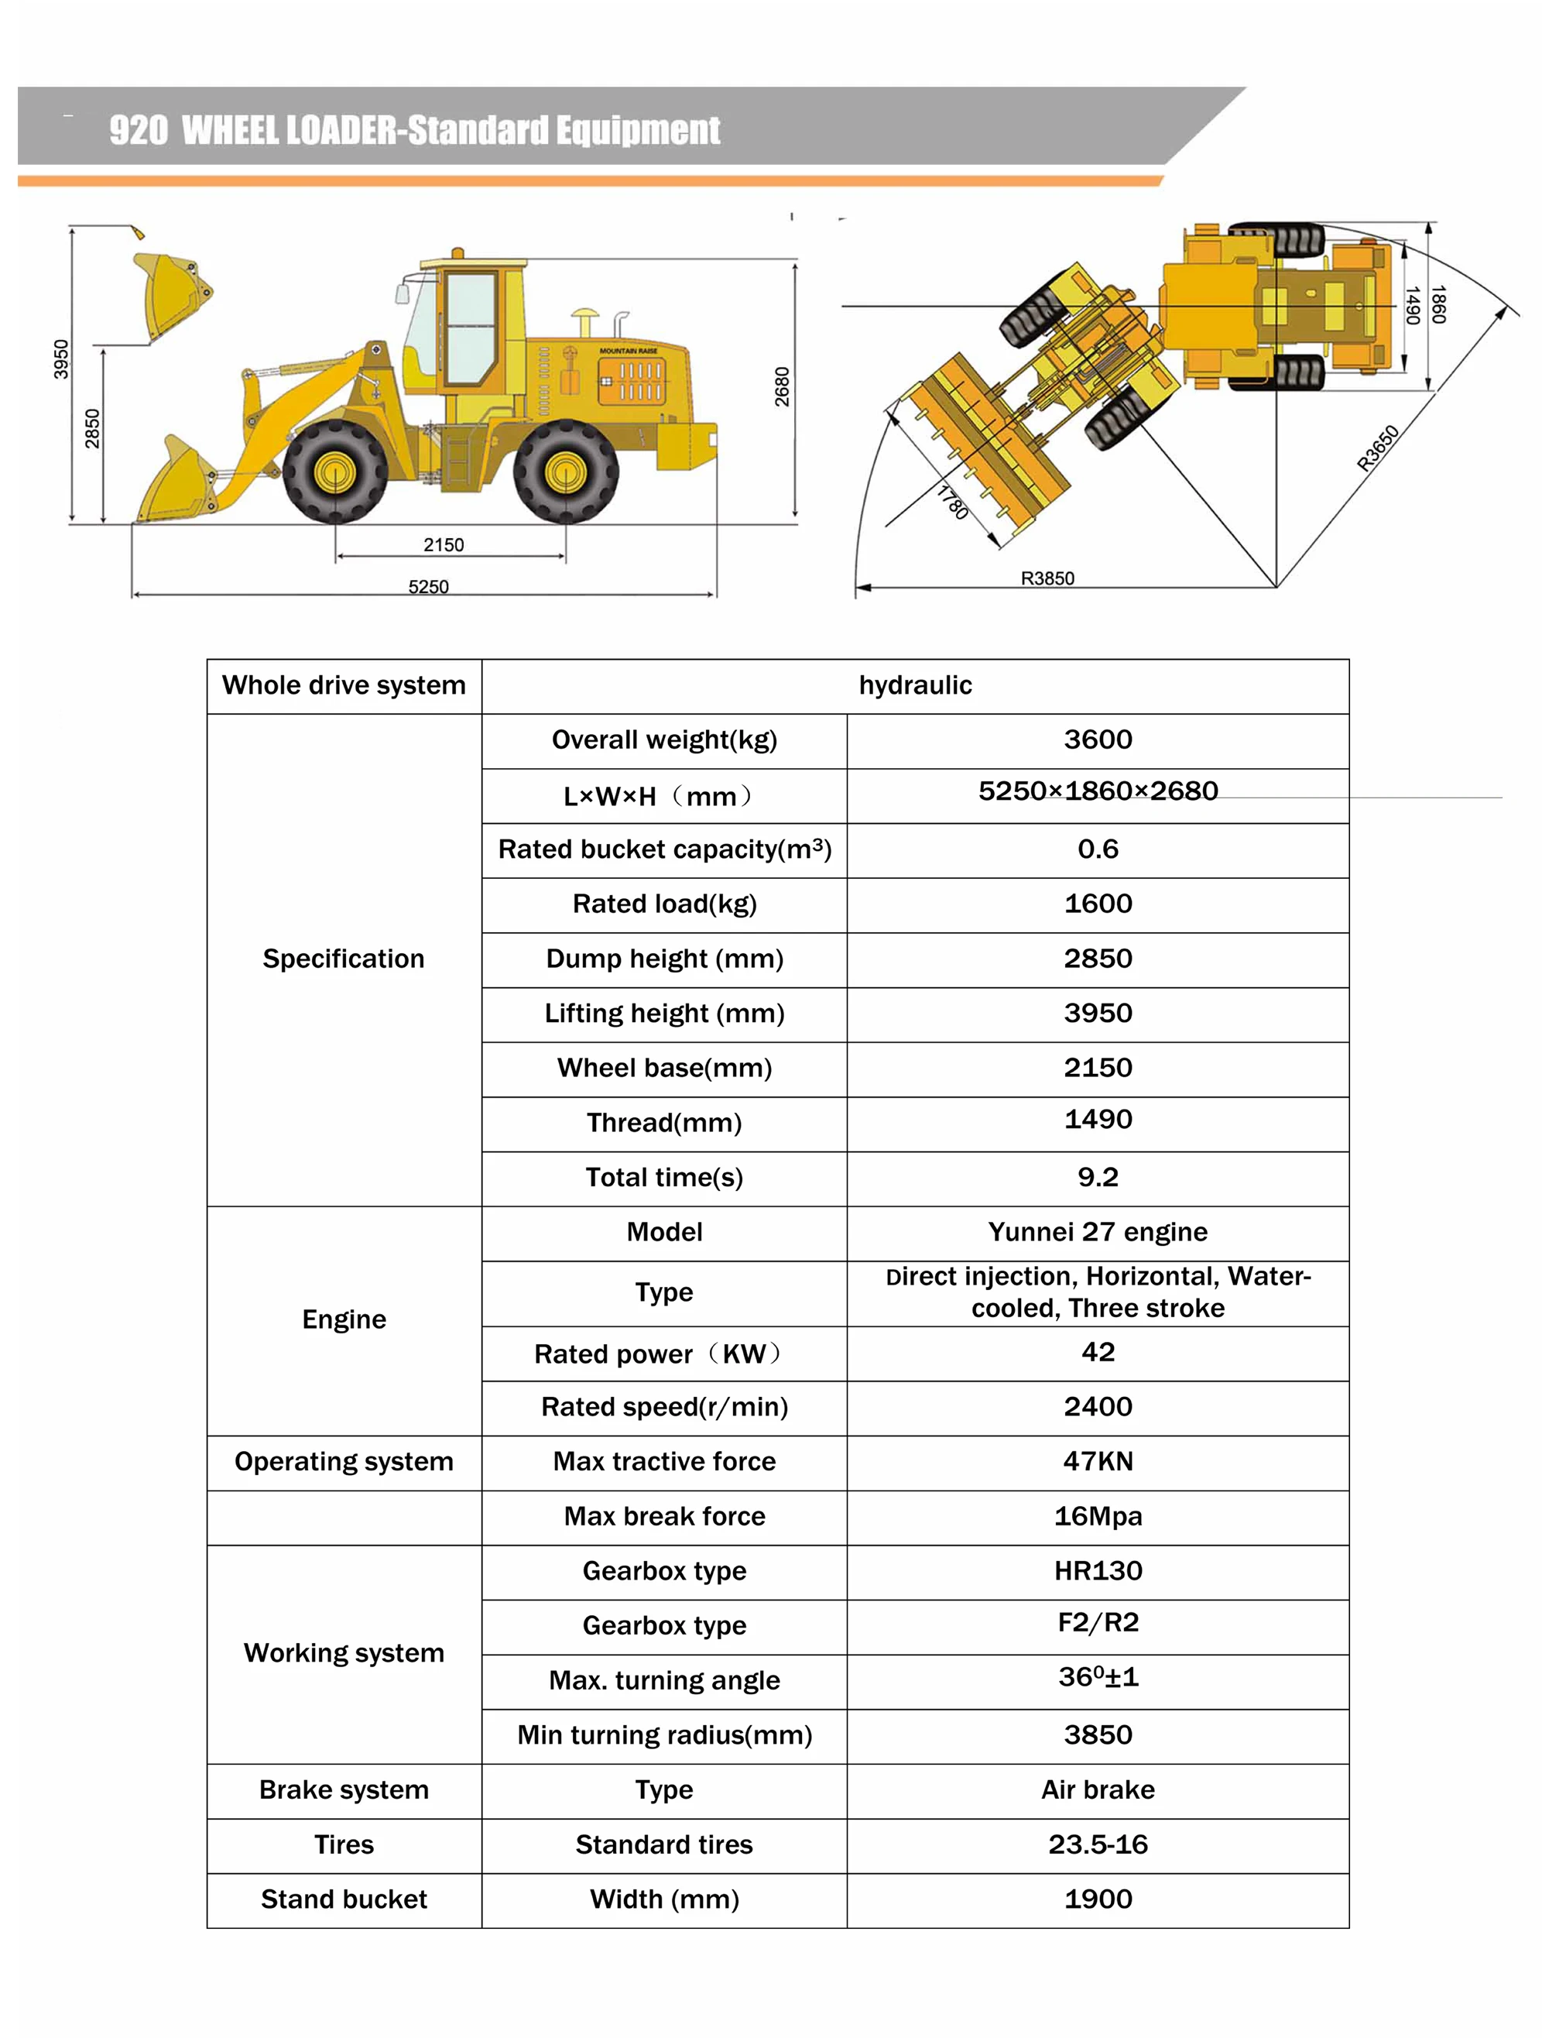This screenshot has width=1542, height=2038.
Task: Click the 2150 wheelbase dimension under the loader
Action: coord(443,544)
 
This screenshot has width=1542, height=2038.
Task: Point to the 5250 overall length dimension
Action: coord(428,587)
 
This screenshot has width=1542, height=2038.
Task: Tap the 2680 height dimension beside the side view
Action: coord(782,387)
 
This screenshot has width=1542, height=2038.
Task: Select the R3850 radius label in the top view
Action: coord(1047,578)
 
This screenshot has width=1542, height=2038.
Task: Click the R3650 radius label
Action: coord(1377,448)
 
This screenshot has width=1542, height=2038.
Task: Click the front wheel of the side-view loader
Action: coord(334,472)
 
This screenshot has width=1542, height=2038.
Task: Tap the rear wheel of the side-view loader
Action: coord(566,472)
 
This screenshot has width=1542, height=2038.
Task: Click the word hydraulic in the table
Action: coord(915,685)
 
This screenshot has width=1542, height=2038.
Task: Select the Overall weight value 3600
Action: coord(1097,739)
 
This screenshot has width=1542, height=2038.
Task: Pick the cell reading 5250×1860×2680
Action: coord(1097,791)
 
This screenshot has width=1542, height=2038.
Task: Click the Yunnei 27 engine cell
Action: coord(1097,1232)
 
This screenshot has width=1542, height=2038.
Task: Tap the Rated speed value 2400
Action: coord(1097,1407)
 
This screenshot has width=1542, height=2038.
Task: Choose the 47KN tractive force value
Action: coord(1097,1461)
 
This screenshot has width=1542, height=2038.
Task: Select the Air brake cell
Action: coord(1097,1789)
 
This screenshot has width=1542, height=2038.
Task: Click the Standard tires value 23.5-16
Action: coord(1097,1844)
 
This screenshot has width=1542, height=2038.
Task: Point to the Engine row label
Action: coord(344,1319)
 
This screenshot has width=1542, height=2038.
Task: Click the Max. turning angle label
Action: coord(664,1680)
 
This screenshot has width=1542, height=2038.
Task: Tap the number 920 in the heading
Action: coord(138,131)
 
